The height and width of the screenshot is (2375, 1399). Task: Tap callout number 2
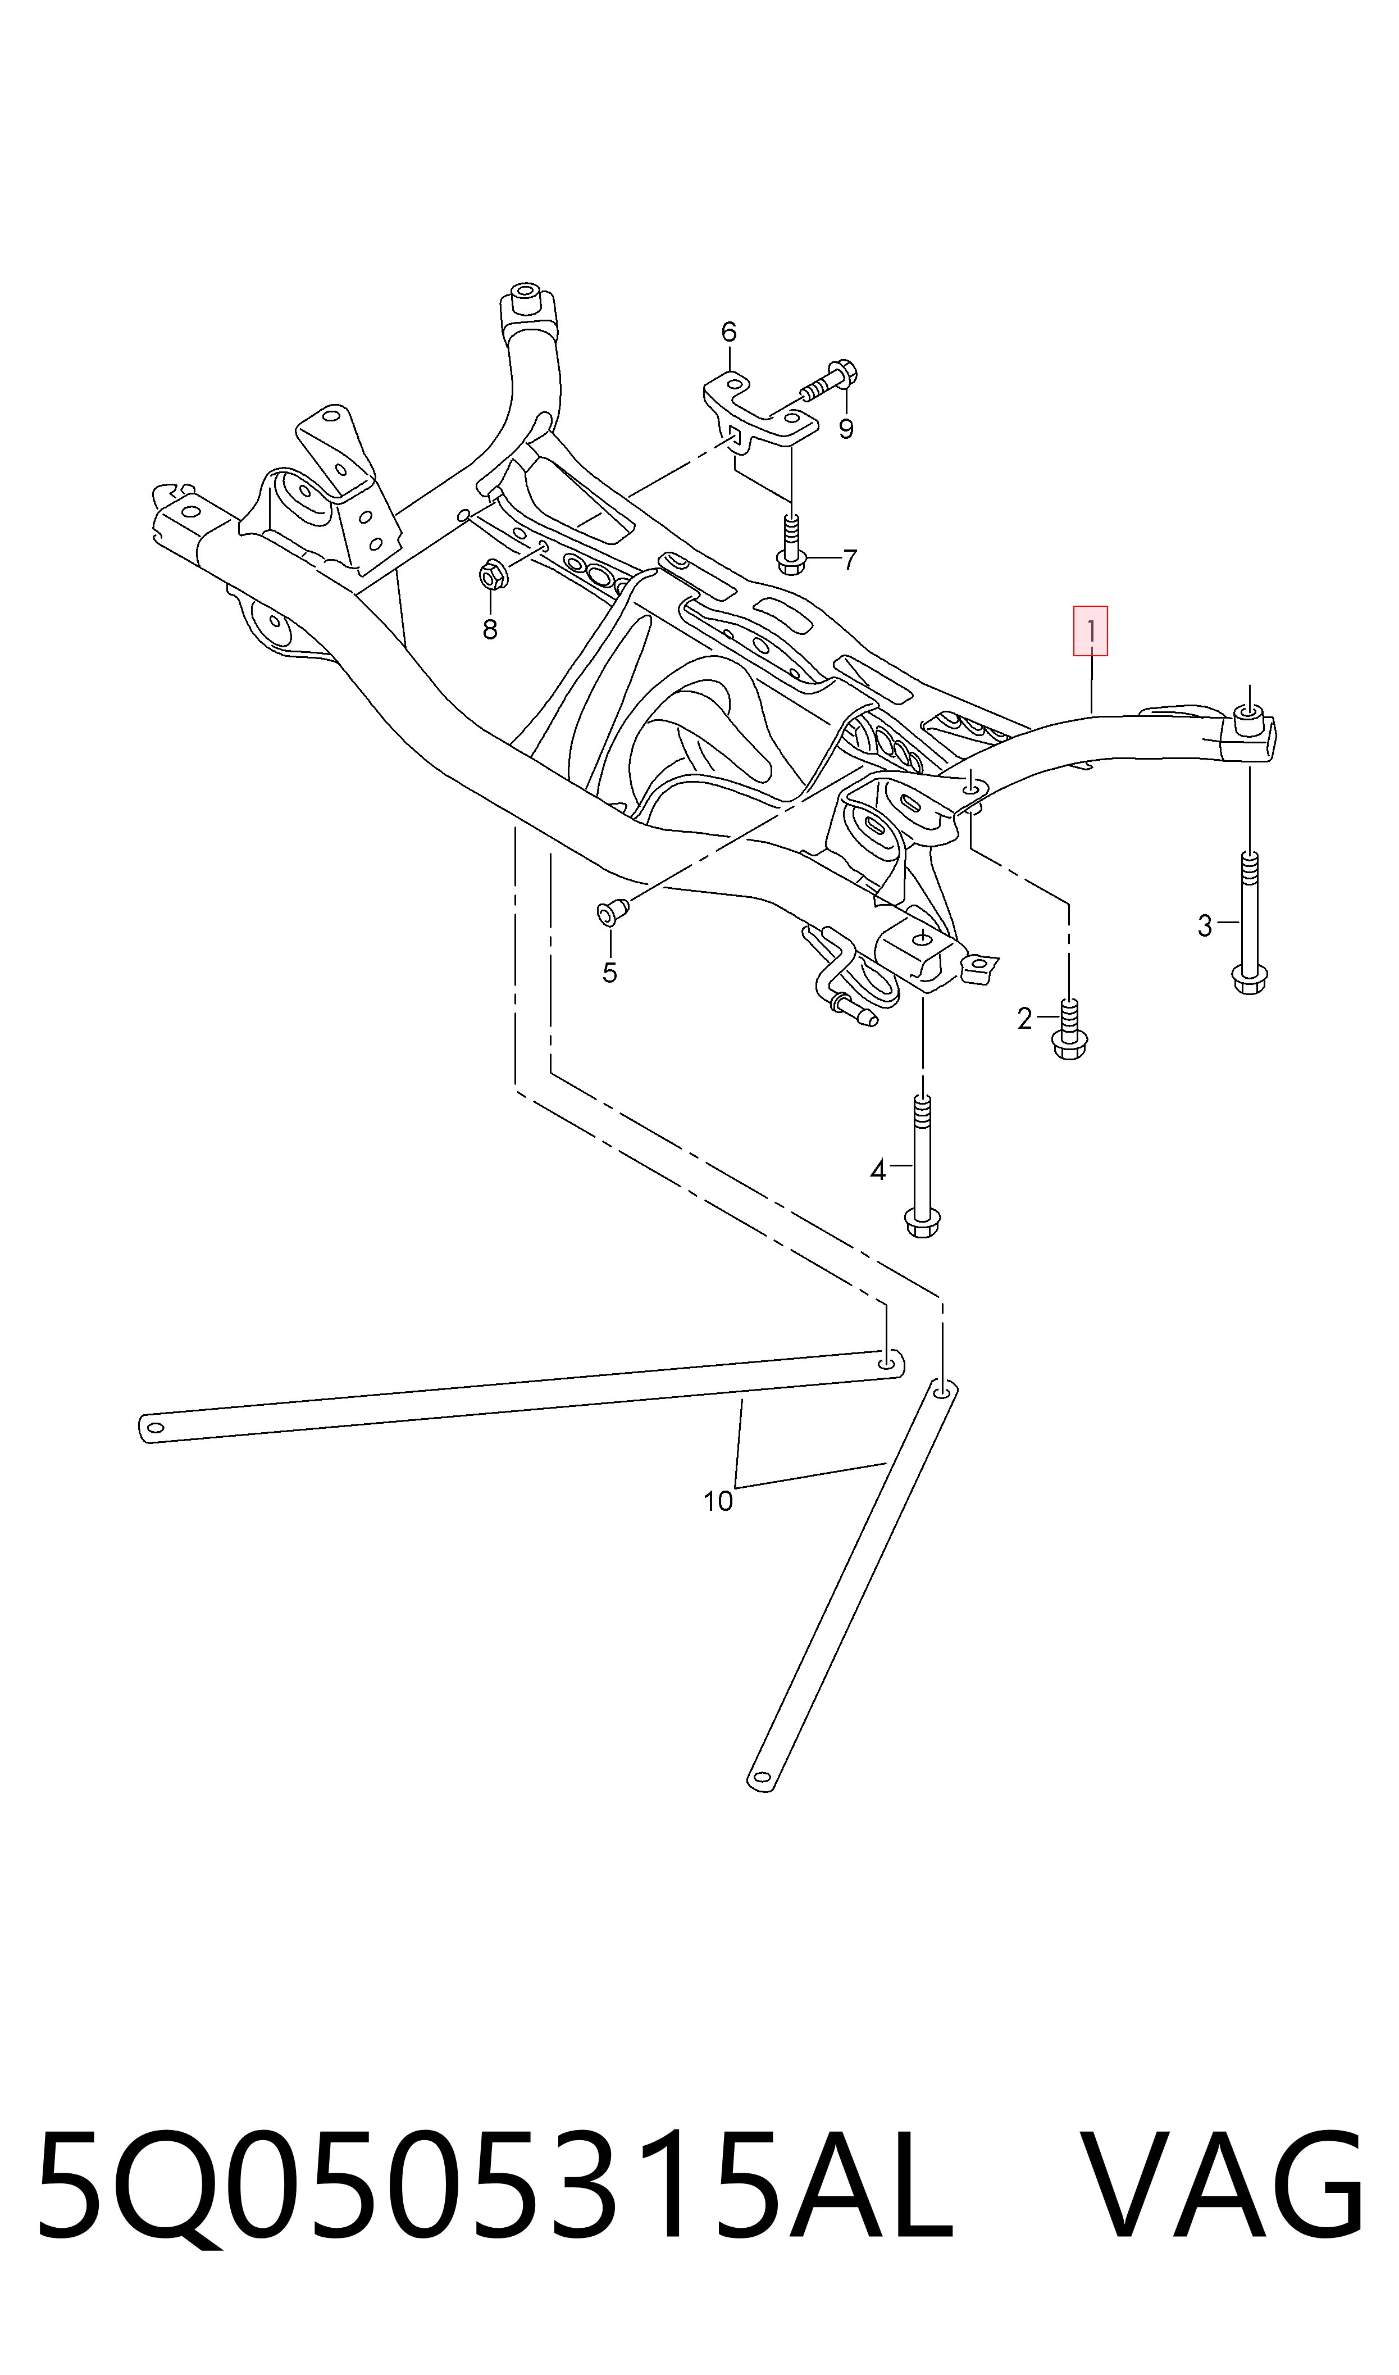coord(1025,1019)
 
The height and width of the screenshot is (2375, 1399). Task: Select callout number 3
coord(1204,927)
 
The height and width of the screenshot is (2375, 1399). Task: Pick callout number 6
coord(729,332)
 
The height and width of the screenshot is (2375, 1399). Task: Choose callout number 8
coord(489,630)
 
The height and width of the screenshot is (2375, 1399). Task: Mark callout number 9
coord(846,429)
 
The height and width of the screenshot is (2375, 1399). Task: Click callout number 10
coord(717,1501)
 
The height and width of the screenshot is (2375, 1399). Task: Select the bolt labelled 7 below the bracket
coord(790,544)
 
